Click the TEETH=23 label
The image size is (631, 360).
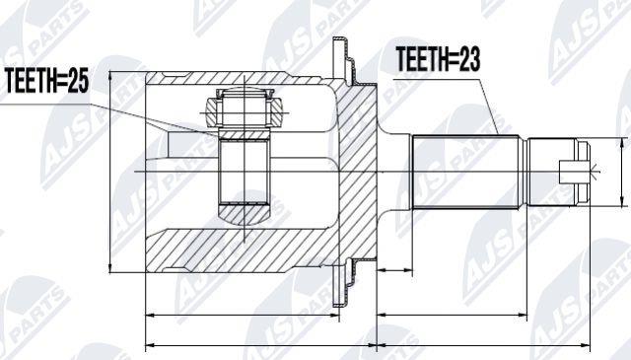point(438,59)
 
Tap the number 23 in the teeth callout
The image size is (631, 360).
point(467,59)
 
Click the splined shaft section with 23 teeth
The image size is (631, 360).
point(465,172)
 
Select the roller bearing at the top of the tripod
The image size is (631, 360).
point(245,108)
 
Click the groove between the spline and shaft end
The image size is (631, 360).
point(524,172)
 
